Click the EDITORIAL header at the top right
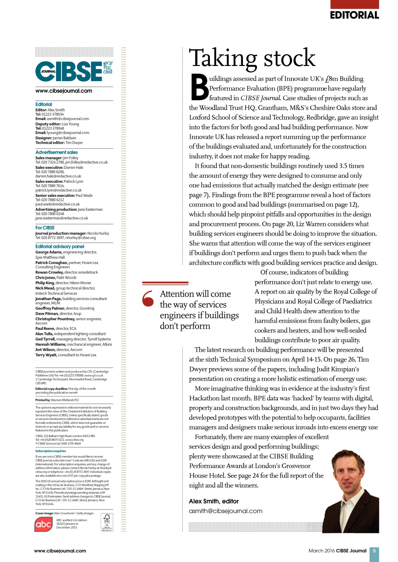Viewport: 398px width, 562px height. (x=354, y=15)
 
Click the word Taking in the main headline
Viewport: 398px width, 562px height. (x=223, y=58)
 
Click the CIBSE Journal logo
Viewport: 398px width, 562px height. (x=74, y=71)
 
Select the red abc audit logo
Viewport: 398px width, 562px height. (x=44, y=524)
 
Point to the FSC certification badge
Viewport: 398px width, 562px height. (x=107, y=522)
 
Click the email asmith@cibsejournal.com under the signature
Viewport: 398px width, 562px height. (x=225, y=511)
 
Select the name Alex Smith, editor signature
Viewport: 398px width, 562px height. (x=214, y=501)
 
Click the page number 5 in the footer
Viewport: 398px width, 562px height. (x=374, y=551)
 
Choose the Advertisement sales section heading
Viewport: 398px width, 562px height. (x=56, y=152)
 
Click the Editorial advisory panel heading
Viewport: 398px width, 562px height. (x=59, y=246)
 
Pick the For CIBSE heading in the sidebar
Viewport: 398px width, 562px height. (x=45, y=228)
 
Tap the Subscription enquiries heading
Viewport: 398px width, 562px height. (x=51, y=451)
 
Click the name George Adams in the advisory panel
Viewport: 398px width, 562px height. (x=49, y=252)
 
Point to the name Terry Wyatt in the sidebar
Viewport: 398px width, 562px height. (x=46, y=355)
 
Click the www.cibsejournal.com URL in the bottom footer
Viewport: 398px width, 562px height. (x=60, y=551)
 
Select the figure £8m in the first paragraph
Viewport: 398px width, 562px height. (x=332, y=79)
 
